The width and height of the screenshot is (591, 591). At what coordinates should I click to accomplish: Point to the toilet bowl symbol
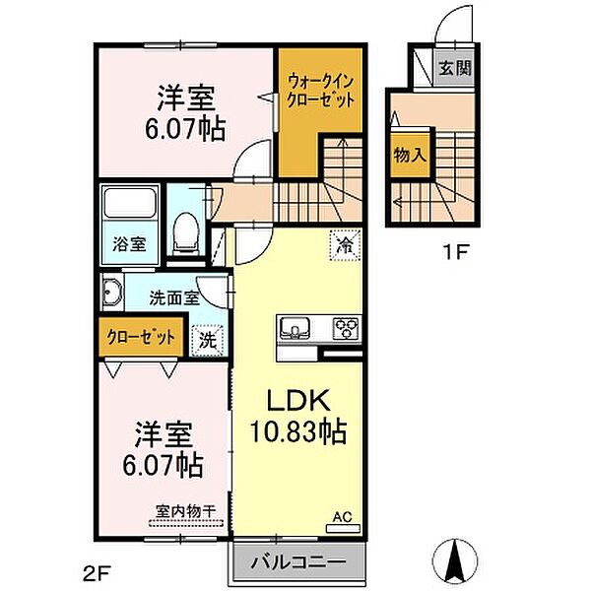pos(184,232)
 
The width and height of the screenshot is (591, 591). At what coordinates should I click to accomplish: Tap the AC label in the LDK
pos(341,515)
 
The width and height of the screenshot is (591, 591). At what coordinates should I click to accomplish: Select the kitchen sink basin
pos(295,327)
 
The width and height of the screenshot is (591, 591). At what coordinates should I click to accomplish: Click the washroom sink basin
pos(111,293)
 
